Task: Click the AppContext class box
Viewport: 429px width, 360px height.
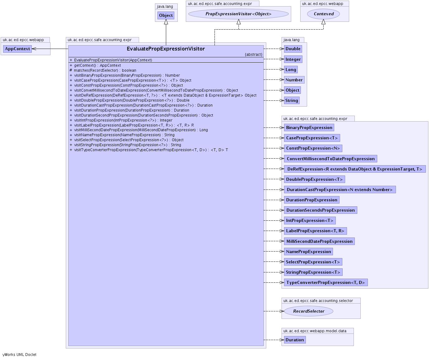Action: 17,49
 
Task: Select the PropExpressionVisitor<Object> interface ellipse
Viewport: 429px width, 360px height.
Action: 239,14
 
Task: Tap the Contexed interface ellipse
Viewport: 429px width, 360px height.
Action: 323,14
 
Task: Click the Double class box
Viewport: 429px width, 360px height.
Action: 293,49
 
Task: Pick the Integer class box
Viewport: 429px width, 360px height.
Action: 293,59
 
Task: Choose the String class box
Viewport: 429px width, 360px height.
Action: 292,100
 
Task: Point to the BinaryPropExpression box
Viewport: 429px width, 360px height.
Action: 309,127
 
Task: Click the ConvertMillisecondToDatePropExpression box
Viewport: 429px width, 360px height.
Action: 330,159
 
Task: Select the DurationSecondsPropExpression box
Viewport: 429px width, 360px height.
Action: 321,210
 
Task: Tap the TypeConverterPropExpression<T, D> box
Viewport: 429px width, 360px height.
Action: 325,282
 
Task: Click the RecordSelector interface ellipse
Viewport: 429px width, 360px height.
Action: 309,311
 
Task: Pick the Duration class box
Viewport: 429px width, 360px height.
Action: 295,340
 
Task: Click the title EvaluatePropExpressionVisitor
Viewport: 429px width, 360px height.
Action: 166,49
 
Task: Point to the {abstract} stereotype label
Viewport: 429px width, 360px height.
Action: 253,55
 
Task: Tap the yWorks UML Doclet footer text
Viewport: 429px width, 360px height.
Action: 19,354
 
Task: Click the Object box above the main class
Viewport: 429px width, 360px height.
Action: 166,15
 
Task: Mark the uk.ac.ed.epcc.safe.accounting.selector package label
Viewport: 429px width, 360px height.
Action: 318,301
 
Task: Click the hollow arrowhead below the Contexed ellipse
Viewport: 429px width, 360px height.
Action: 323,22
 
